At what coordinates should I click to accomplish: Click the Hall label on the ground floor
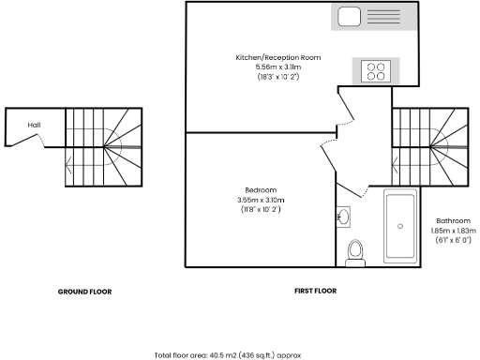click(34, 125)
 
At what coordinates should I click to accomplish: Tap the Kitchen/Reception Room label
click(277, 58)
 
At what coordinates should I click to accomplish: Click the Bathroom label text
click(453, 220)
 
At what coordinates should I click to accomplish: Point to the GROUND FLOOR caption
click(84, 292)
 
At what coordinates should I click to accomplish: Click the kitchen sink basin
click(350, 16)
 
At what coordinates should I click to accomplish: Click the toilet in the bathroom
click(355, 251)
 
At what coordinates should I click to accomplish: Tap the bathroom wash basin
click(344, 217)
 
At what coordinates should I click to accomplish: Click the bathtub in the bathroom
click(400, 227)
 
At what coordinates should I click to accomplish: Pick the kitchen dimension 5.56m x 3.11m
click(277, 67)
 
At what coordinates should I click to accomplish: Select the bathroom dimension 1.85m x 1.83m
click(454, 231)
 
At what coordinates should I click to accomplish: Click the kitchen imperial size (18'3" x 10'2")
click(277, 77)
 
